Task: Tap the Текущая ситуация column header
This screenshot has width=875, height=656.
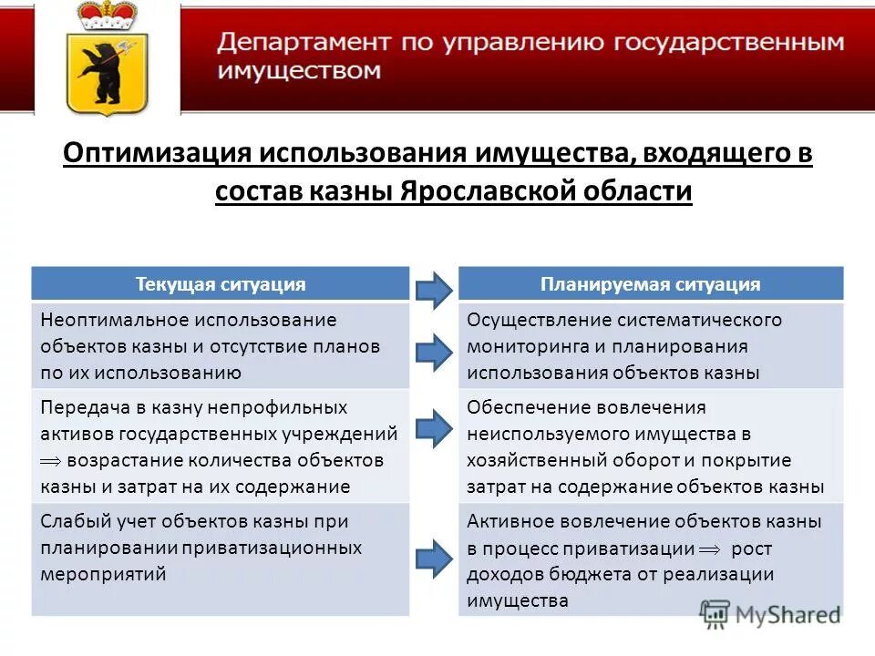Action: (221, 284)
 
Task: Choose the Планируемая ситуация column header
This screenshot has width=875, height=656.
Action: (650, 284)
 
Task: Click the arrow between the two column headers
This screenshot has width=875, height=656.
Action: (433, 289)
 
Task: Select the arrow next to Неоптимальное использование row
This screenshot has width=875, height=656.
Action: (433, 350)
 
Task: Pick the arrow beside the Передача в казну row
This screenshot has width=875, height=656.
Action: (433, 427)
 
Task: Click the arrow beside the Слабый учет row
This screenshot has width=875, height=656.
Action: (433, 557)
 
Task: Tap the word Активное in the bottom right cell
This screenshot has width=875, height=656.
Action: (505, 522)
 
